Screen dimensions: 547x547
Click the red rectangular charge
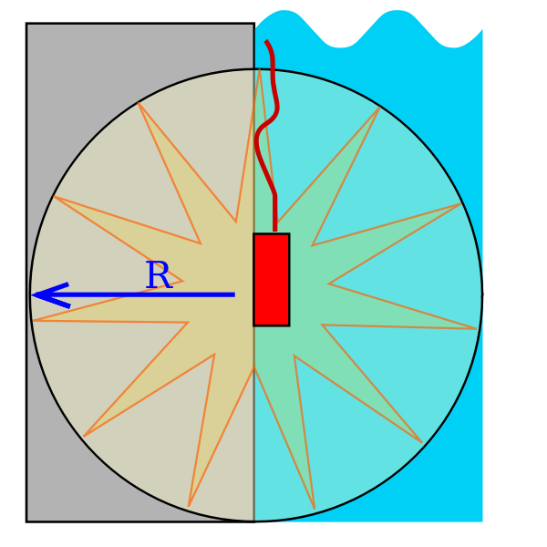(x=271, y=279)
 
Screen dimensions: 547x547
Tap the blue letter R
(x=158, y=276)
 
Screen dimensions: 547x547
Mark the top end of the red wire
(x=266, y=42)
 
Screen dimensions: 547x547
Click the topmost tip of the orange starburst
(x=260, y=70)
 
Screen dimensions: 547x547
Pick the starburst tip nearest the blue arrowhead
(x=33, y=320)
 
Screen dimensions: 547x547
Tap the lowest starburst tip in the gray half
(x=189, y=506)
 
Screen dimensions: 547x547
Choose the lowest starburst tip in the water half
(x=314, y=508)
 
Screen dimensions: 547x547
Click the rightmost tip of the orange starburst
(x=476, y=328)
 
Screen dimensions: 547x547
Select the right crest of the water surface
(x=397, y=13)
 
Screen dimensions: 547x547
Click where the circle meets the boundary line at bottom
(x=253, y=521)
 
